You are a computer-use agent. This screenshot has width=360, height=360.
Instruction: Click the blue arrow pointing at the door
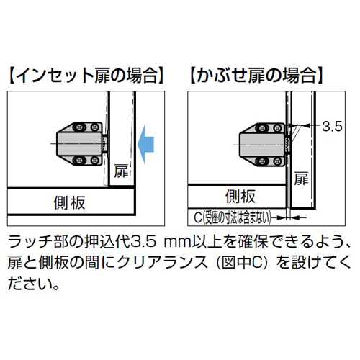pos(146,144)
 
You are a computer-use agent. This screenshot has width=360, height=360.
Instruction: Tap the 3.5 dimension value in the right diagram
pos(332,127)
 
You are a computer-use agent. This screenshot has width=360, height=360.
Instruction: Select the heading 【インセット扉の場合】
pos(86,76)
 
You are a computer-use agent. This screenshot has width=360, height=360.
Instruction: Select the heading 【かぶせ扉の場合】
pos(257,76)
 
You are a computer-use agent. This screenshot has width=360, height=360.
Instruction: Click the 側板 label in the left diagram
pos(69,202)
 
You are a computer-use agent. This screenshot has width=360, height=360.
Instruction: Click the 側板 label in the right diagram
pos(240,197)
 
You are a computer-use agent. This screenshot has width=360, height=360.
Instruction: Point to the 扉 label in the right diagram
pos(301,179)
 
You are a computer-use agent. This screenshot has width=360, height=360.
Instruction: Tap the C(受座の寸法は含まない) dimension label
pos(233,217)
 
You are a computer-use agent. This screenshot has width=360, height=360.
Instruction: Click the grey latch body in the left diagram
pos(79,144)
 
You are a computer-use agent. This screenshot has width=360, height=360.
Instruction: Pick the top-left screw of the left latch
pos(79,127)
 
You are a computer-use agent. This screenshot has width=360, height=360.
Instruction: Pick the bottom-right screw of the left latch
pos(95,161)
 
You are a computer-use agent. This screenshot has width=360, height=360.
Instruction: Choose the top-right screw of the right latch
pos(278,127)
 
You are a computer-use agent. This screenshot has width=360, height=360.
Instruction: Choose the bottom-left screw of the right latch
pos(261,162)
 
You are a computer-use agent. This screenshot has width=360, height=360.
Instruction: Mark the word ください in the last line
pos(30,283)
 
